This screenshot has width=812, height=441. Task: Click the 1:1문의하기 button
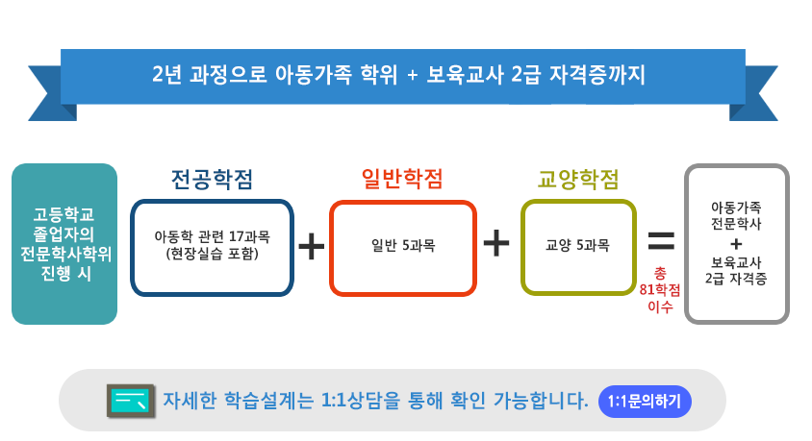click(645, 402)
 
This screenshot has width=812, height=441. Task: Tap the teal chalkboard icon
click(131, 401)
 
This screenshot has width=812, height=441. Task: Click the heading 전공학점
click(212, 180)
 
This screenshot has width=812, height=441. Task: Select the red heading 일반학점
click(402, 179)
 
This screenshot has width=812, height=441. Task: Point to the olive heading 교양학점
click(578, 180)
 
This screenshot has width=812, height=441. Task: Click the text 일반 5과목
click(403, 245)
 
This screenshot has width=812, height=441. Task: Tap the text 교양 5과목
click(577, 245)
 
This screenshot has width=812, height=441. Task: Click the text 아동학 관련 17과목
click(213, 236)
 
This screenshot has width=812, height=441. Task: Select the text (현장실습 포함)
click(213, 254)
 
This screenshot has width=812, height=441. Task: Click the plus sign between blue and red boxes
click(312, 246)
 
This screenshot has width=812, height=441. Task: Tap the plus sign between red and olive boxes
click(496, 243)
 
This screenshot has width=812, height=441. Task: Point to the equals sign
click(661, 240)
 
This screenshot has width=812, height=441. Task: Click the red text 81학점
click(660, 289)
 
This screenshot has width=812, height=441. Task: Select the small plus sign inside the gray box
click(736, 243)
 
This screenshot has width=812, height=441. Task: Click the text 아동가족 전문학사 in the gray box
click(736, 215)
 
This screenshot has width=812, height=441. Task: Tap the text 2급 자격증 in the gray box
click(736, 280)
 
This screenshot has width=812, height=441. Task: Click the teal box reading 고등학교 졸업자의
click(64, 244)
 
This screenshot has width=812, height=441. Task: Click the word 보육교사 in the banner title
click(465, 75)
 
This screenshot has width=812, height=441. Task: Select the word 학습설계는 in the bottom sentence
click(268, 400)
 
